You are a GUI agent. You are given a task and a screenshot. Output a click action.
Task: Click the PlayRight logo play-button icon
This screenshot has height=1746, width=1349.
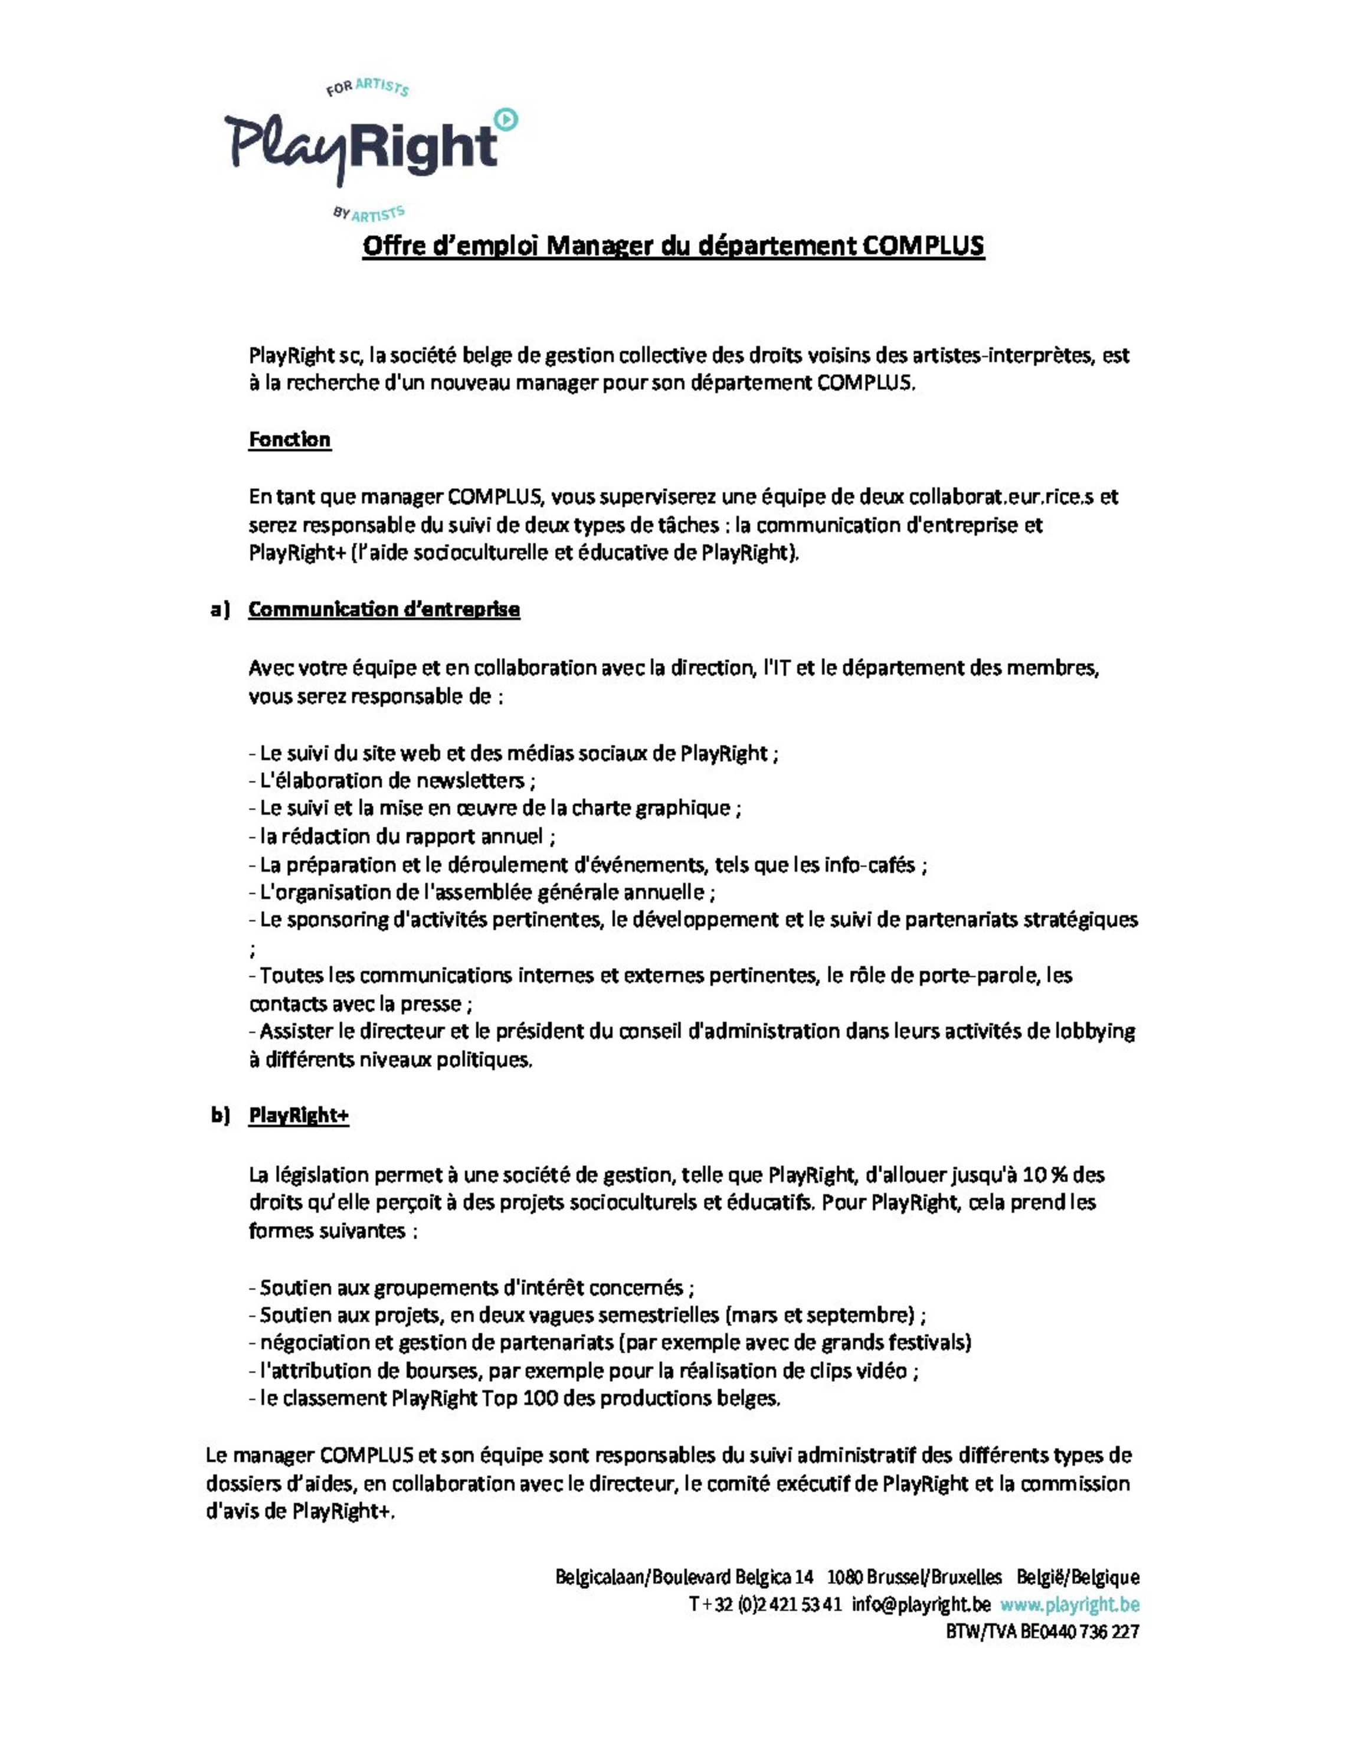click(507, 119)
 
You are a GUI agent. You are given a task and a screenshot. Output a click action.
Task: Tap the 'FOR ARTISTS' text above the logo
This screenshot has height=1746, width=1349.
click(368, 86)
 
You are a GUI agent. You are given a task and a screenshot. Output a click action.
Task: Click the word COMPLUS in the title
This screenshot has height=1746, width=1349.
click(922, 246)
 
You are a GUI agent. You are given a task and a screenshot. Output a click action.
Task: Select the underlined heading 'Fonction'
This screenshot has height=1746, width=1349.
click(289, 440)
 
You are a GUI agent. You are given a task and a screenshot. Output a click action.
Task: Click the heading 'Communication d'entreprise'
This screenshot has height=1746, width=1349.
click(384, 609)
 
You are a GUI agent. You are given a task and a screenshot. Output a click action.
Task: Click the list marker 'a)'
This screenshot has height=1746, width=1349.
click(220, 609)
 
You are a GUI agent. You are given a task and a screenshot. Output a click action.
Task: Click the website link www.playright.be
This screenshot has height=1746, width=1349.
click(1069, 1604)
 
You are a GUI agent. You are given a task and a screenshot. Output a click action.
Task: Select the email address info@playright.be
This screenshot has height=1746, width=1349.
click(921, 1604)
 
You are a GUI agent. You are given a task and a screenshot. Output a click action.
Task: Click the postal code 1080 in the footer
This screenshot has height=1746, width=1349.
click(844, 1577)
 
